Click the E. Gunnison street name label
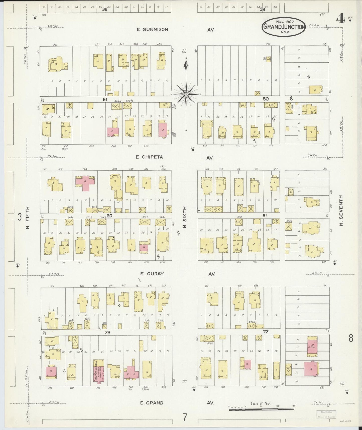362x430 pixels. click(152, 30)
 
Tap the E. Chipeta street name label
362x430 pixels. click(149, 157)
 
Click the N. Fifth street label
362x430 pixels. click(28, 217)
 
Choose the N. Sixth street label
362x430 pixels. click(185, 217)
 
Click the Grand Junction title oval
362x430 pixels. click(284, 27)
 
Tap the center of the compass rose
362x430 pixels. click(186, 94)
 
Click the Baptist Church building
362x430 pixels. click(97, 373)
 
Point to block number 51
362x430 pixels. click(105, 100)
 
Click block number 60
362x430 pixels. click(109, 216)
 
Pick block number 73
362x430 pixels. click(107, 332)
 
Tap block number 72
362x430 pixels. click(266, 332)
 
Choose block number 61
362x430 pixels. click(265, 216)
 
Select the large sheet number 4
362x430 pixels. click(340, 19)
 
